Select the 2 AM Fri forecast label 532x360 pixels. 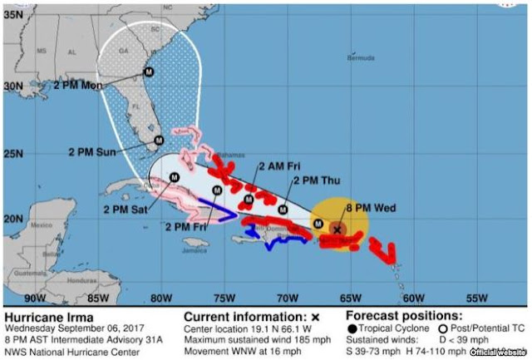point(280,165)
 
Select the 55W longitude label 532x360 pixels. point(475,297)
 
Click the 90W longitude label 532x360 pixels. point(35,297)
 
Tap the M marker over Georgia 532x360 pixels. point(149,72)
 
